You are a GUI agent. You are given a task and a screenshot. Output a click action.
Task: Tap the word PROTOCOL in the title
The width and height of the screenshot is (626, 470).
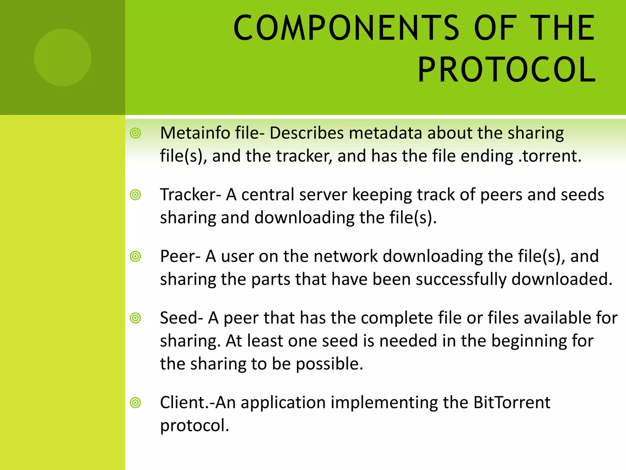506,70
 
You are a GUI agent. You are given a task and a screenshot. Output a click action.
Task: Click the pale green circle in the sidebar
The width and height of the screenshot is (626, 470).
62,57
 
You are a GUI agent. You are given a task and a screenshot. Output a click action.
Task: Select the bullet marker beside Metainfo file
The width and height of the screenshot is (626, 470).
135,133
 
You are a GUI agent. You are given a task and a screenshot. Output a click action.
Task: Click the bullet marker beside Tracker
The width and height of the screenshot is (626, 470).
135,195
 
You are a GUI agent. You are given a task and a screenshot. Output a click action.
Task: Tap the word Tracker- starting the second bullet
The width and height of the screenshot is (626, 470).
190,195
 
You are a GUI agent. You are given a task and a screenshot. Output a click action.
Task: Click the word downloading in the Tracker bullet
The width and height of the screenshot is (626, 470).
304,218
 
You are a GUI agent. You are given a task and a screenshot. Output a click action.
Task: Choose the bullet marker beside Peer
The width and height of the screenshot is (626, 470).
135,256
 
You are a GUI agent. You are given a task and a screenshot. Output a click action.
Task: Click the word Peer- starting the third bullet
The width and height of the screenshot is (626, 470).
180,256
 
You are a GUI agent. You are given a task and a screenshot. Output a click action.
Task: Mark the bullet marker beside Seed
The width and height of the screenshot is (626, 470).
135,318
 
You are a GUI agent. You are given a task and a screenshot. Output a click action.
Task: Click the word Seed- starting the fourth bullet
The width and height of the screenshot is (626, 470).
181,318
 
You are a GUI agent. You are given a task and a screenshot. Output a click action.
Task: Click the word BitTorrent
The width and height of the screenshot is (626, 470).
512,403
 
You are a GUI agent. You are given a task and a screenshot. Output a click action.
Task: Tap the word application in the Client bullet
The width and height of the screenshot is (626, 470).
283,403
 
